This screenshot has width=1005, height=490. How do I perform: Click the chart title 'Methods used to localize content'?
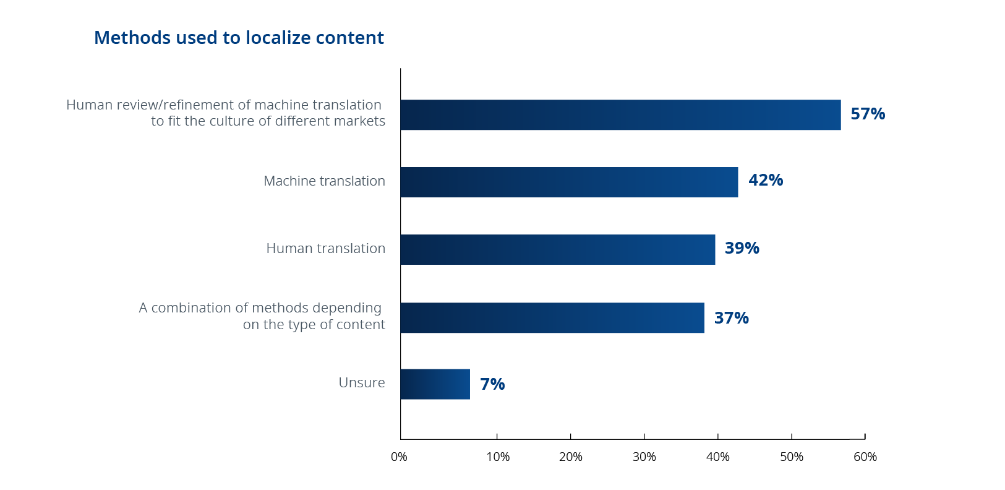239,38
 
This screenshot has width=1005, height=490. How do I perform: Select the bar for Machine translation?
569,182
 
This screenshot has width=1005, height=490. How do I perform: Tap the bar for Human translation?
557,249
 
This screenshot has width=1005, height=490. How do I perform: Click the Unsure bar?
435,384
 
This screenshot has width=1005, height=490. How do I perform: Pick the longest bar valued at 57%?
620,114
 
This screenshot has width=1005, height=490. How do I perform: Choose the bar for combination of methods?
552,317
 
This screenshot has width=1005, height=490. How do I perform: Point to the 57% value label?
868,114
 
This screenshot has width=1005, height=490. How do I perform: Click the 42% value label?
766,181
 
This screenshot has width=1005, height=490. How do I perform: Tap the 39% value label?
742,248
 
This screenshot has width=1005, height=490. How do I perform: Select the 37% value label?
731,318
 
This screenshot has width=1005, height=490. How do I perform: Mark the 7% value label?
492,384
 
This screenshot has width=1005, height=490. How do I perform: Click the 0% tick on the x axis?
399,457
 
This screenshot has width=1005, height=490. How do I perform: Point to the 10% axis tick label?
497,457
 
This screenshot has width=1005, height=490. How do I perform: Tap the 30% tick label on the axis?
644,457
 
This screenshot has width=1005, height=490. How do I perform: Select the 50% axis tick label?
791,457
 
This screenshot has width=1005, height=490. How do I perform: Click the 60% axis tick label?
865,457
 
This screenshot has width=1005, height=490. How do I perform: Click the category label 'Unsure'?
361,383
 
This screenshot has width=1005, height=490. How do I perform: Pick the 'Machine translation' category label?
324,181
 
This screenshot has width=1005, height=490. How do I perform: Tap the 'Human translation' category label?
325,249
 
